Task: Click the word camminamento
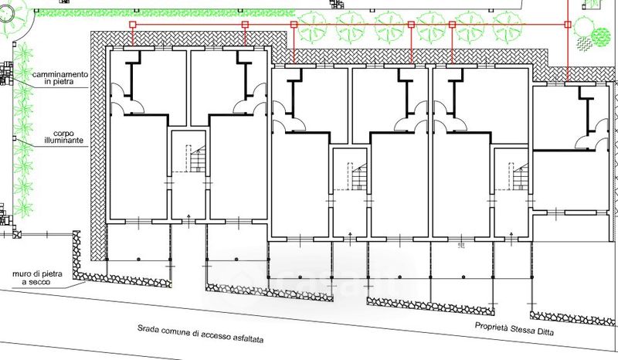point(60,73)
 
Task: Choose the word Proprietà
point(493,325)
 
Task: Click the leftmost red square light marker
point(132,25)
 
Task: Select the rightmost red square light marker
point(568,25)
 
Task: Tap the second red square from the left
point(245,25)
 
